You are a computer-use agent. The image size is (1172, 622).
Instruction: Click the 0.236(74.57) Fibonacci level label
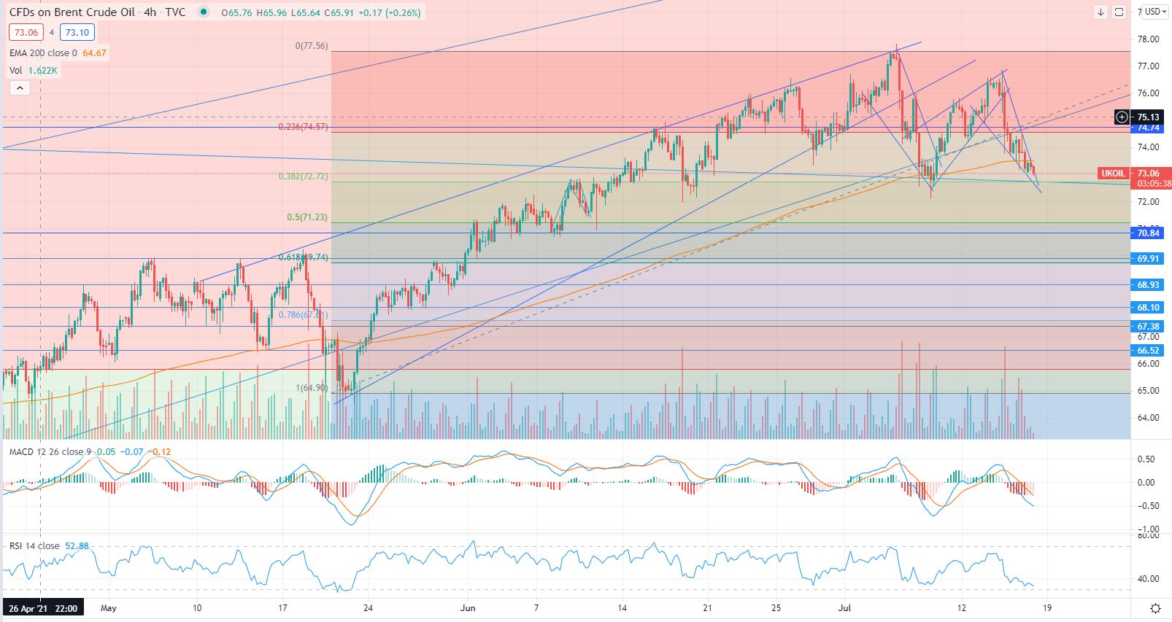(x=303, y=127)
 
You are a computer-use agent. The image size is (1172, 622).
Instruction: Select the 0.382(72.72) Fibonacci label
(x=303, y=176)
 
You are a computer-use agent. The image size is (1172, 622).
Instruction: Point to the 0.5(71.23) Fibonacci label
(x=307, y=217)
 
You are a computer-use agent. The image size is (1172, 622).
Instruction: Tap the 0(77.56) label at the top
(x=312, y=46)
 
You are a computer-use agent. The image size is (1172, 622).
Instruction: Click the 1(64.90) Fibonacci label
(x=312, y=388)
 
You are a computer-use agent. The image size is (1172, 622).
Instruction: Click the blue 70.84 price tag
(x=1148, y=233)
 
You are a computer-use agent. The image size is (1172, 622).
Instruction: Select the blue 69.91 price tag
(x=1148, y=259)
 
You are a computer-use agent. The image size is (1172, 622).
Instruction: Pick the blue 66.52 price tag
(x=1148, y=351)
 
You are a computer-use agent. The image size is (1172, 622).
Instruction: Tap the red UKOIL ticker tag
(x=1113, y=174)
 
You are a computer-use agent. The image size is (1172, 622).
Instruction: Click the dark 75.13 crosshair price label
(x=1148, y=117)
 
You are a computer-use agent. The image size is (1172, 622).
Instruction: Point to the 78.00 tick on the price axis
(x=1148, y=39)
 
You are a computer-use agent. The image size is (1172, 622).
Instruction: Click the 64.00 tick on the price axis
(x=1148, y=418)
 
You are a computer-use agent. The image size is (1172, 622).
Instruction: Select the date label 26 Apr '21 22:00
(x=43, y=607)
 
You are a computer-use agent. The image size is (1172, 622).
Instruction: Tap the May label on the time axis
(x=109, y=607)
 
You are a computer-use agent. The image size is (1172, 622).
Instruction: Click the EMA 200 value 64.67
(x=95, y=53)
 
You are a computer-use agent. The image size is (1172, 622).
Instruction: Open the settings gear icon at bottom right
(x=1156, y=608)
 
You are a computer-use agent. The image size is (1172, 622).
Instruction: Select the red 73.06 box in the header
(x=26, y=32)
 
